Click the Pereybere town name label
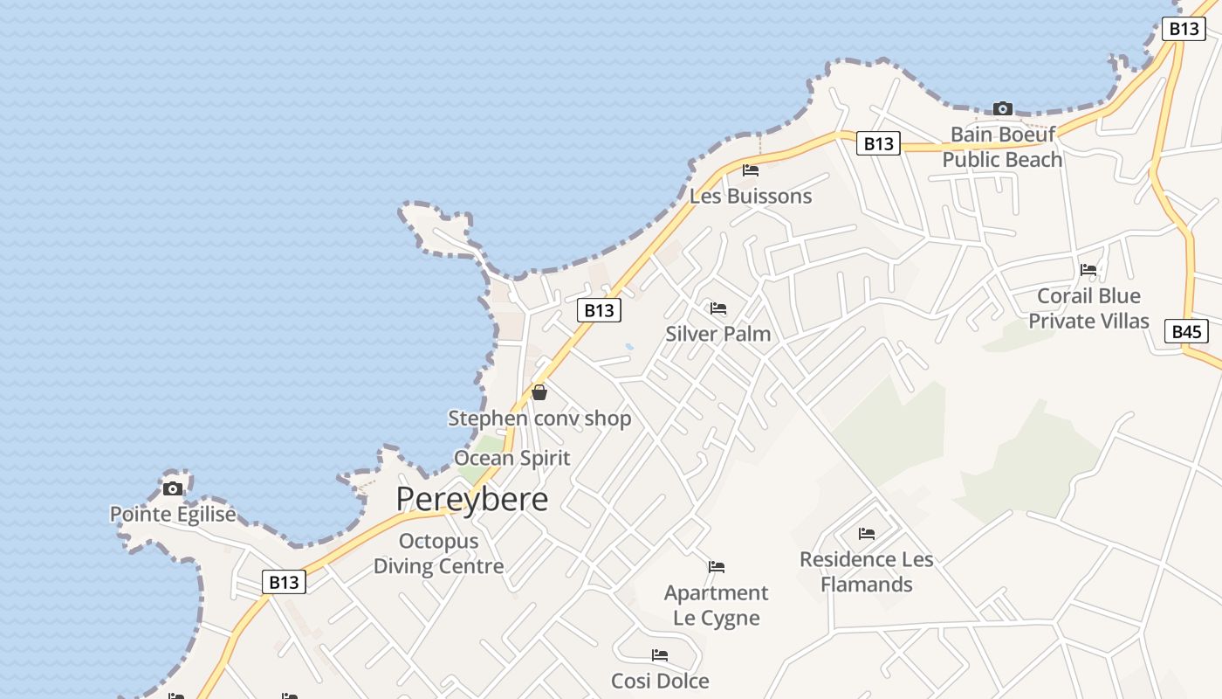coord(472,499)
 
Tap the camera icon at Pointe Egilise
coord(173,488)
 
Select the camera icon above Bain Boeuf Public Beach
coord(1003,109)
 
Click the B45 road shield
coord(1186,331)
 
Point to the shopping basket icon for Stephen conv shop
coord(539,393)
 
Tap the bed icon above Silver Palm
coord(718,308)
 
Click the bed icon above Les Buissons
coord(751,170)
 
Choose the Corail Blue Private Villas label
coord(1088,308)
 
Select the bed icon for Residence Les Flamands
coord(867,533)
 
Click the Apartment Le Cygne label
coord(717,605)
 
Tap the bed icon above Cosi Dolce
coord(660,655)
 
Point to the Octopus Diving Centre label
coord(438,553)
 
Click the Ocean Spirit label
coord(511,458)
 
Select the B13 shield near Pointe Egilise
coord(284,582)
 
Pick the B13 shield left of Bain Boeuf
coord(878,143)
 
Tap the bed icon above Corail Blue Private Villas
coord(1088,270)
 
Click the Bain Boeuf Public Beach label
coord(1002,147)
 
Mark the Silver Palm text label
coord(718,334)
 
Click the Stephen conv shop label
coord(539,419)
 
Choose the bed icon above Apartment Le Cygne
coord(717,567)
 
